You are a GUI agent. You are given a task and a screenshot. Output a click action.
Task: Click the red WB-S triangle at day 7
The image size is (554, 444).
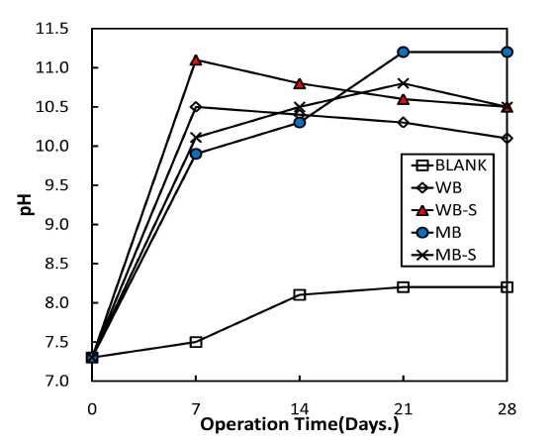pos(196,60)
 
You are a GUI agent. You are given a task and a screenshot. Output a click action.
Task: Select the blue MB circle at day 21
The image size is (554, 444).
pos(404,53)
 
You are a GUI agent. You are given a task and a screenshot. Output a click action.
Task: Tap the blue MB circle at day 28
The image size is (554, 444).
pos(507,53)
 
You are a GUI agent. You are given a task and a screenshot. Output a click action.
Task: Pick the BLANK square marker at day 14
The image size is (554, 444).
pos(300,294)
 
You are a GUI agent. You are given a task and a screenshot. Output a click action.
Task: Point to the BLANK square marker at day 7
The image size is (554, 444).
pos(196,342)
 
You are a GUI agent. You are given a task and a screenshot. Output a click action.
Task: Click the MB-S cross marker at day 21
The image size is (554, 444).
pos(404,83)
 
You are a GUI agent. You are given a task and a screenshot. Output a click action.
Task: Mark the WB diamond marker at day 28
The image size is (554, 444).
pos(507,138)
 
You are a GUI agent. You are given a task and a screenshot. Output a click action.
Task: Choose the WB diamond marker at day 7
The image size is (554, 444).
pos(196,107)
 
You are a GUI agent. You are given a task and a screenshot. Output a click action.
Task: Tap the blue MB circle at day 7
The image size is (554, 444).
pos(196,154)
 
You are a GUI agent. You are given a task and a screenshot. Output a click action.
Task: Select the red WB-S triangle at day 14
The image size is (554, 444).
pos(300,84)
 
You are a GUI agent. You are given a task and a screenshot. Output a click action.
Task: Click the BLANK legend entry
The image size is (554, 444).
pos(449,166)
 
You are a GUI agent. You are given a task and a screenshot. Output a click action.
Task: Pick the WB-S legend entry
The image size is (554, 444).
pos(444,210)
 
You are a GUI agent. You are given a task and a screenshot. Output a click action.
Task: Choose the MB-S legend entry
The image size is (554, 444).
pos(444,255)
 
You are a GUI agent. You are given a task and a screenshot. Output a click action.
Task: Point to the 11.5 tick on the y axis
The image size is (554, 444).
pos(51,29)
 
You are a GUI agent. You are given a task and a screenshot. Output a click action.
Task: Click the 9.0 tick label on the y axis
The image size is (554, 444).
pos(55,225)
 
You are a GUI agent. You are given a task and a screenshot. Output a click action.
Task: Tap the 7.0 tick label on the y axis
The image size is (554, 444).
pos(55,381)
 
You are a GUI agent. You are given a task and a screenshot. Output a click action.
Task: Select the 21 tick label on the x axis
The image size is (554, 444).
pos(404,409)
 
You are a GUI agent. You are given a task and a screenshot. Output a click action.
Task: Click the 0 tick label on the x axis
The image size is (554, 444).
pos(92,409)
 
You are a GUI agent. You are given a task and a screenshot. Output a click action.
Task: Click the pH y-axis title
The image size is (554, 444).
pos(27,204)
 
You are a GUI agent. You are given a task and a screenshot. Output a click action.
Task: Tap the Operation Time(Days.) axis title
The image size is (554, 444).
pos(300,424)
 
